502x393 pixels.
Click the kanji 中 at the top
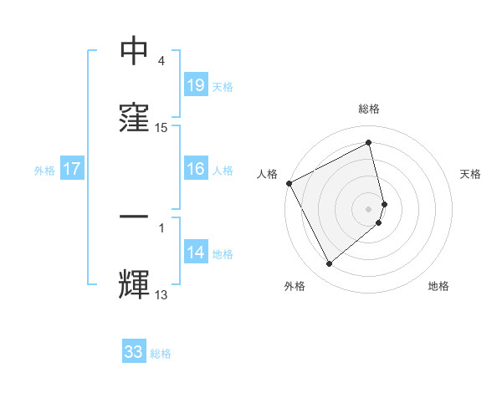point(135,52)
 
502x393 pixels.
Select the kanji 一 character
point(135,217)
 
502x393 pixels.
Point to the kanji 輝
point(135,284)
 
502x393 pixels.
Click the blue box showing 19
point(195,85)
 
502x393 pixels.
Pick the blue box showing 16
point(195,169)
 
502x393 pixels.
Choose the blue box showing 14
point(195,253)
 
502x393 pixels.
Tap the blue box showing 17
point(72,169)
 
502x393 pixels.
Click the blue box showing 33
point(134,352)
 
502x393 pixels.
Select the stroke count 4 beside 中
point(161,61)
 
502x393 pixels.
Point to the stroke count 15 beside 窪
point(161,128)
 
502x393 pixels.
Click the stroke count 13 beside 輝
point(161,294)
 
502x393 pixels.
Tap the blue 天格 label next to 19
point(222,86)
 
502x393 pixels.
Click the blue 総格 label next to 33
point(161,354)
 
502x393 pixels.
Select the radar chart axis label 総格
point(369,109)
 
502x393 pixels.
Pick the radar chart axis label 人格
point(267,174)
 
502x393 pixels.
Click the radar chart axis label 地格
point(438,286)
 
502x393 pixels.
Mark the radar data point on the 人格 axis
point(289,183)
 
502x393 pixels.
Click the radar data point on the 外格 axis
point(329,264)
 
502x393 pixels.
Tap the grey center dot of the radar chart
point(369,208)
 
